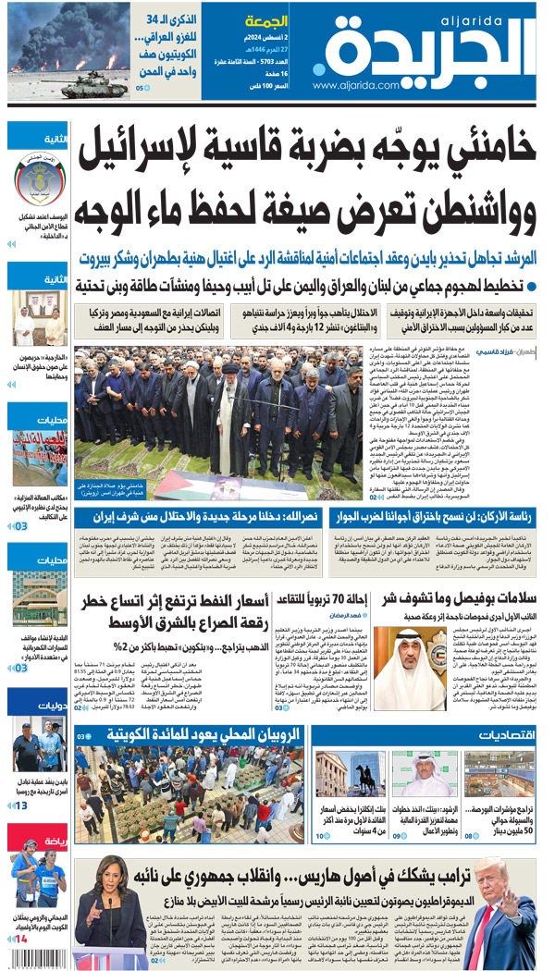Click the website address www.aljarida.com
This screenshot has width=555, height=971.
coord(355,85)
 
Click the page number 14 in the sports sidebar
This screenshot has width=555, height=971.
coord(20,938)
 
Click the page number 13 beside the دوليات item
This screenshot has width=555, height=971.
coord(20,805)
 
